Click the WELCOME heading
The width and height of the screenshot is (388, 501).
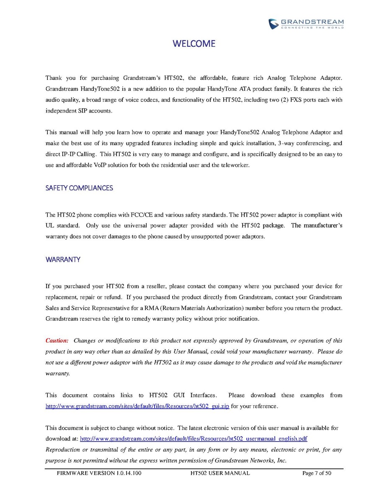(x=194, y=44)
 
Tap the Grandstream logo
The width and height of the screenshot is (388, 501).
(x=306, y=23)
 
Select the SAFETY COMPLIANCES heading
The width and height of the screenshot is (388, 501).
(x=79, y=188)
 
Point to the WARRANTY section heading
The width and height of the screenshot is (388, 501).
(x=63, y=260)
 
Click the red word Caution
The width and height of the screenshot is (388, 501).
(x=57, y=341)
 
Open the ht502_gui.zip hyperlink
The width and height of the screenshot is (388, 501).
(x=137, y=406)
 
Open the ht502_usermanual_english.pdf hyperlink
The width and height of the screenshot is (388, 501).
(x=194, y=439)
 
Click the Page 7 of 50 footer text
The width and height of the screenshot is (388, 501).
(x=317, y=473)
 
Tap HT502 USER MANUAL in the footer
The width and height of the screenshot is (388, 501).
(x=220, y=473)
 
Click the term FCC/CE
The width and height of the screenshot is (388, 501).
(x=142, y=215)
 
